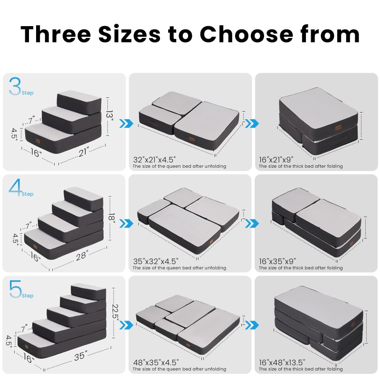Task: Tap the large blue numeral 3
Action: pos(15,86)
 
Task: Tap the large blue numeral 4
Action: pos(15,188)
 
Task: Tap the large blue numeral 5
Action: pos(15,290)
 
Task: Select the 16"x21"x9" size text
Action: pos(277,160)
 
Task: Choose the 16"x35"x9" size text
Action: pos(277,261)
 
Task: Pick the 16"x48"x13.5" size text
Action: pos(280,362)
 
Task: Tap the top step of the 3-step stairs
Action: pos(79,95)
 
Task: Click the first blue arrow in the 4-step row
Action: pos(125,224)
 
